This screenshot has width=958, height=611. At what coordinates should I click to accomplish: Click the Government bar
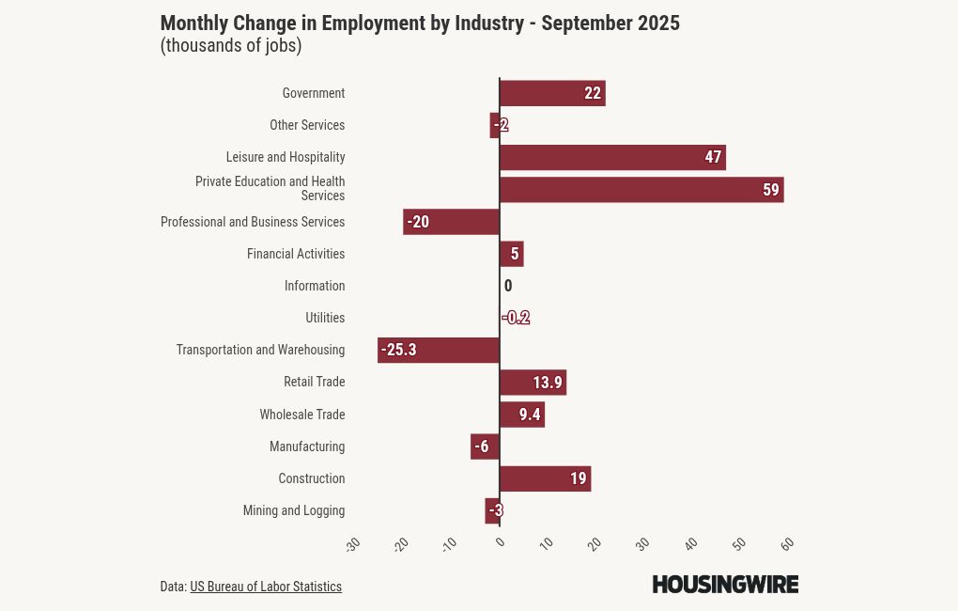[551, 93]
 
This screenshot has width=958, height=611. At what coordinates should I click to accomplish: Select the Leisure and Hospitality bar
[611, 157]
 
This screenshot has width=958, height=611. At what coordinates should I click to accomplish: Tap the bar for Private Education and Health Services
[641, 189]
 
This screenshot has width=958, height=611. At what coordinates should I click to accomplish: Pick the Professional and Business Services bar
[451, 222]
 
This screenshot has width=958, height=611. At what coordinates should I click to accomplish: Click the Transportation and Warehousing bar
[438, 350]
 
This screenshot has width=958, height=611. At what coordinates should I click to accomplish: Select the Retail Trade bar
[532, 383]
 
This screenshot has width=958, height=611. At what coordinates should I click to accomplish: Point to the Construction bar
[544, 478]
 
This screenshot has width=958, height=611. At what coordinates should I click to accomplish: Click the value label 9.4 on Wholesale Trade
[530, 415]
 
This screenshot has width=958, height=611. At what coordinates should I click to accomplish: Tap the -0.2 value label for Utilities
[516, 318]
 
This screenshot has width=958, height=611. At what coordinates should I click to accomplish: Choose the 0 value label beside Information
[508, 286]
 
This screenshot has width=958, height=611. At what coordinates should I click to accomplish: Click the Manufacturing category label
[307, 446]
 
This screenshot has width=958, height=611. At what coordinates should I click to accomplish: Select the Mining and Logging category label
[294, 510]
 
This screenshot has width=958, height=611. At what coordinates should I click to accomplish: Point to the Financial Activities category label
[296, 254]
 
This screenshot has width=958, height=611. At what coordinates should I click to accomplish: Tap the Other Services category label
[307, 125]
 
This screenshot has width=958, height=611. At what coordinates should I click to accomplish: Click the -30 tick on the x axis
[353, 544]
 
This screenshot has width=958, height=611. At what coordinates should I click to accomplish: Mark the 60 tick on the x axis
[787, 544]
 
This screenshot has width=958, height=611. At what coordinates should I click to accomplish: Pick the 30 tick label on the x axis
[642, 544]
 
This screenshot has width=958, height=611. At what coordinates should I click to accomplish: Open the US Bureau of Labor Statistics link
[266, 587]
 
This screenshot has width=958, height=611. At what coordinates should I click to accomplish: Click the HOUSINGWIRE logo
[725, 585]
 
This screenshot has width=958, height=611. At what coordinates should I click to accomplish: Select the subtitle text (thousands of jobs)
[231, 46]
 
